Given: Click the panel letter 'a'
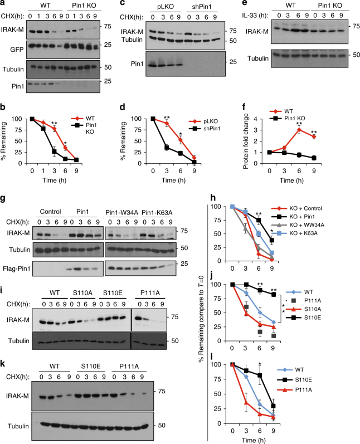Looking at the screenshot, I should point(4,4).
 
